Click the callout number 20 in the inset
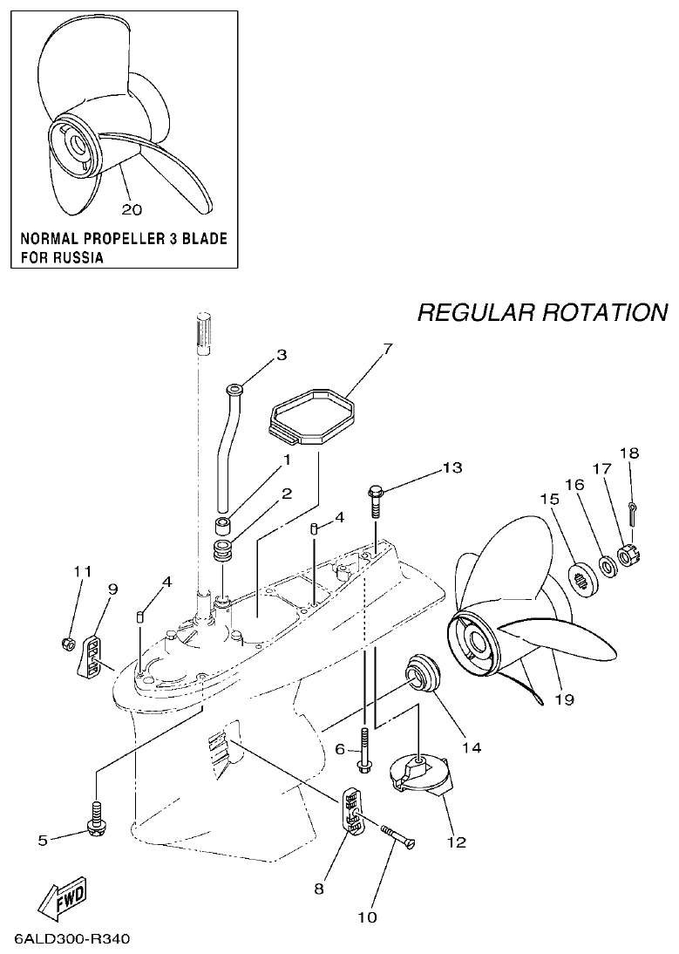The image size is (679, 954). (x=132, y=209)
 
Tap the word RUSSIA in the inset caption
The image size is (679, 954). (x=76, y=257)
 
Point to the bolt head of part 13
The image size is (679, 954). (x=377, y=492)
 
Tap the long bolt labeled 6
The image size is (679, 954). (x=363, y=747)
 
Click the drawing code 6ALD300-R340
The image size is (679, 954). (x=71, y=940)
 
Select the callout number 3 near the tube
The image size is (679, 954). (x=282, y=355)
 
